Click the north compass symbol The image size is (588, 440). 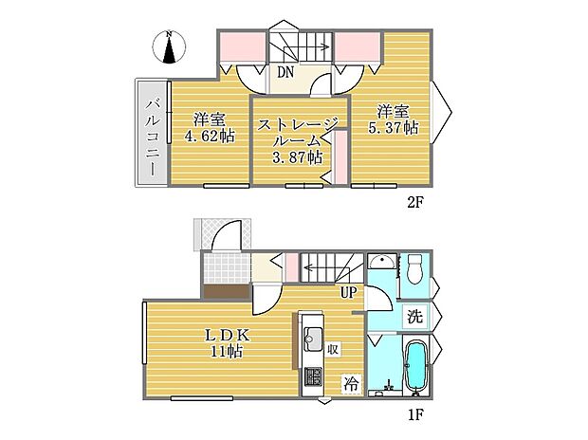(x=169, y=46)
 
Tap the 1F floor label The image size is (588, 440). (x=414, y=413)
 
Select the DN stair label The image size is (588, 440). (x=285, y=71)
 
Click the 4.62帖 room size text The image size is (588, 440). (x=210, y=137)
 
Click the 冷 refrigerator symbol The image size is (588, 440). (x=349, y=385)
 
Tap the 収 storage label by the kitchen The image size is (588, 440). (x=334, y=348)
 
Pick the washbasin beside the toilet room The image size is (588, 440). (x=382, y=264)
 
